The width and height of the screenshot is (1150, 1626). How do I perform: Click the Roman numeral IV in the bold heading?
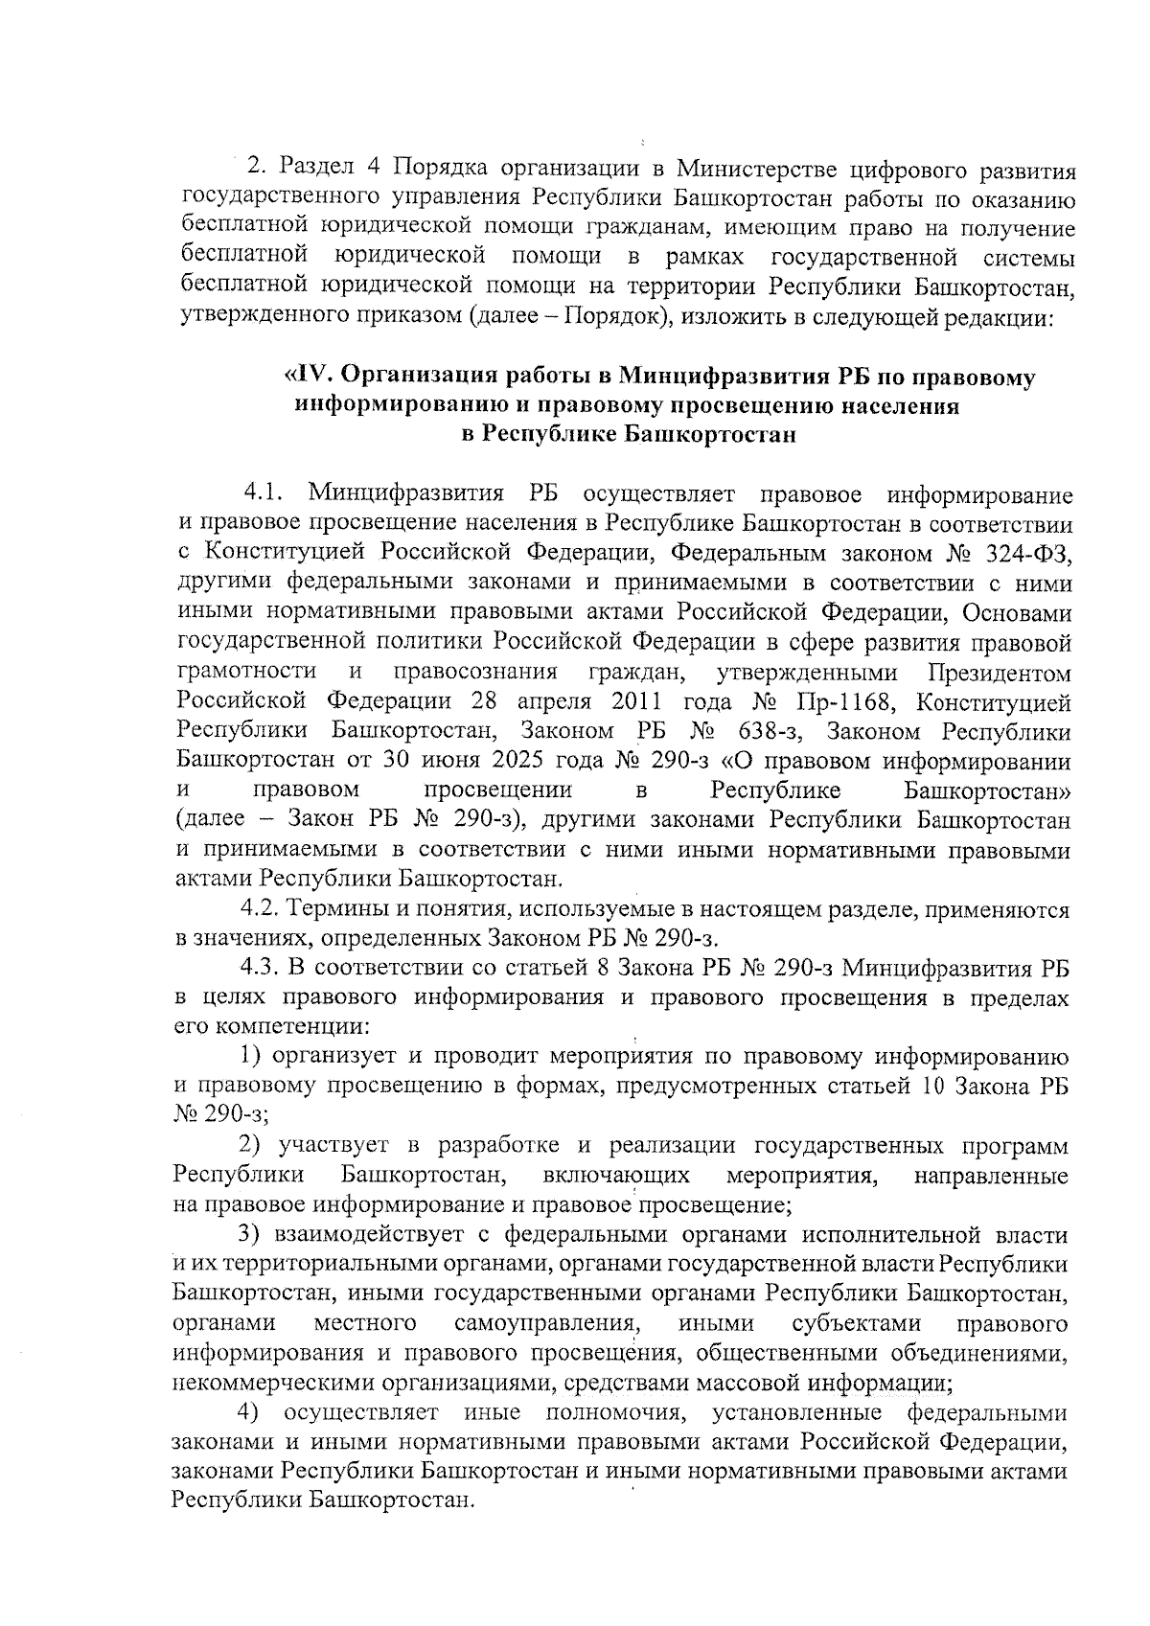coord(303,377)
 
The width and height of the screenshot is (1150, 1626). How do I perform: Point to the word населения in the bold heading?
coord(900,405)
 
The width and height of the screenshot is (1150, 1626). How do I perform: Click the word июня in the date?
coord(445,763)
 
